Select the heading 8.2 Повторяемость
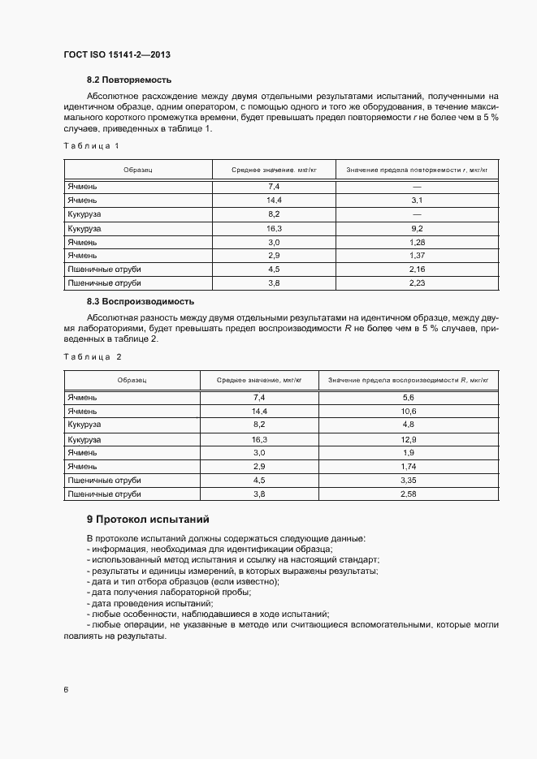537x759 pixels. point(129,80)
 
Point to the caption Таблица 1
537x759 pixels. point(91,146)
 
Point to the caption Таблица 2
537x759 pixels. point(92,356)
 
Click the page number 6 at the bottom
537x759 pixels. point(66,690)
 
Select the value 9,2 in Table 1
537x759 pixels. point(418,229)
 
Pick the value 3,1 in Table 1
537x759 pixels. point(418,200)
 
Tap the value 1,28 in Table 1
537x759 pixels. point(418,243)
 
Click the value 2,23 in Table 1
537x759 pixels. point(418,283)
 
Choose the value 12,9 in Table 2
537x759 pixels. point(409,438)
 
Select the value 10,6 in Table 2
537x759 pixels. point(409,411)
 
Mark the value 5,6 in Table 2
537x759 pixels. point(409,397)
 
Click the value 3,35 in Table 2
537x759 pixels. point(409,479)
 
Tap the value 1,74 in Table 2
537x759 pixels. point(409,466)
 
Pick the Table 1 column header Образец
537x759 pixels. point(137,170)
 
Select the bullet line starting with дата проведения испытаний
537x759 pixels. point(150,603)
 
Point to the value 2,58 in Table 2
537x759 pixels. point(409,494)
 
